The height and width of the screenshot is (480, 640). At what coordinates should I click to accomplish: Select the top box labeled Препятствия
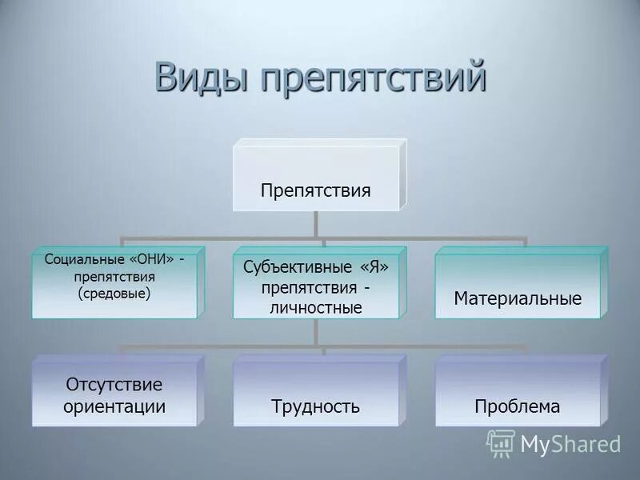316,190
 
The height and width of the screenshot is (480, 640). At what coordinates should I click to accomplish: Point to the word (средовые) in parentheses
114,294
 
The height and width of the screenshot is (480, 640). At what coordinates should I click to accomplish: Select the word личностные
316,307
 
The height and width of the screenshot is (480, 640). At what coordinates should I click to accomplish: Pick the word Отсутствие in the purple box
114,384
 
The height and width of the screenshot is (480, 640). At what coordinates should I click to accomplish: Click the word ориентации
114,406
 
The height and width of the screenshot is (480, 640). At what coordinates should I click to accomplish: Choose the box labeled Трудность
316,406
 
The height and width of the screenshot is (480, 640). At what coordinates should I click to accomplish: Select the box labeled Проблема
518,406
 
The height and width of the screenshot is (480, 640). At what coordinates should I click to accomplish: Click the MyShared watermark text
570,444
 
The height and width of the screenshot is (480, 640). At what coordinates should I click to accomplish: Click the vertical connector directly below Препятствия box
317,224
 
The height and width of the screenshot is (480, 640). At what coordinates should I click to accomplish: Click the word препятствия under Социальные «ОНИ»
114,277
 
